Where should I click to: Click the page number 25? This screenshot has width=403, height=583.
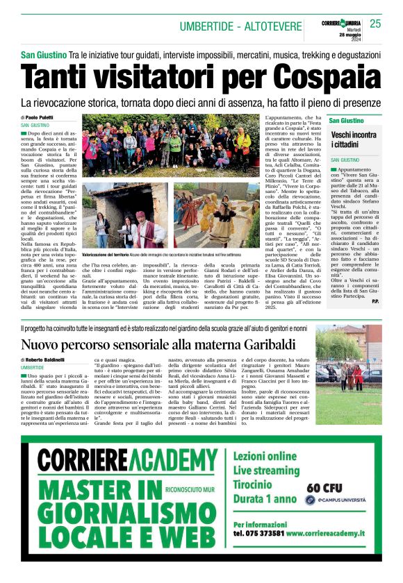point(375,24)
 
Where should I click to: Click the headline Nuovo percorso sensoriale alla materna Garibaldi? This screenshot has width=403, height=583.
point(158,345)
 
